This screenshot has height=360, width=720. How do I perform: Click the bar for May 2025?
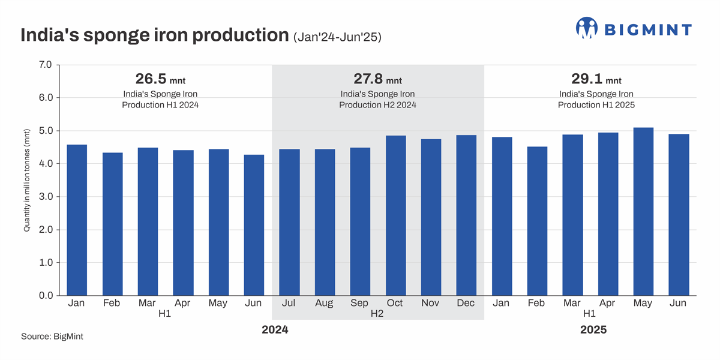point(643,211)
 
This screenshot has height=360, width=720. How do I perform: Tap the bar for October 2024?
point(395,215)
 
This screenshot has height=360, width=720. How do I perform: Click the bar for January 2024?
point(77,220)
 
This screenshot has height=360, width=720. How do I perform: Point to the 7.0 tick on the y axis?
point(46,64)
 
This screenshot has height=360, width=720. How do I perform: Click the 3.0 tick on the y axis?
point(46,197)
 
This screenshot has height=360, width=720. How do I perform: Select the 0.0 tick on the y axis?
point(46,296)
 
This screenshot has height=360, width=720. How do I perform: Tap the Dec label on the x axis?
point(466,303)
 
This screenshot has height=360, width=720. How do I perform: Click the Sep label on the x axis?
point(359,303)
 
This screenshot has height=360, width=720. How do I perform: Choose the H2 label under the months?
point(377,313)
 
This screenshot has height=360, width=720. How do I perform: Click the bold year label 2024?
point(275,330)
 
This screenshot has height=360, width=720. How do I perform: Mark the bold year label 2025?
point(593,330)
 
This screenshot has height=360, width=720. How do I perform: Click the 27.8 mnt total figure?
point(377,79)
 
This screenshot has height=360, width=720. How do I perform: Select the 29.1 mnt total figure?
point(596,79)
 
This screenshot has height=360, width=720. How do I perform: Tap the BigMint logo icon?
point(587,28)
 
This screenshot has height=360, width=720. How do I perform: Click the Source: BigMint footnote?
point(52,337)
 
